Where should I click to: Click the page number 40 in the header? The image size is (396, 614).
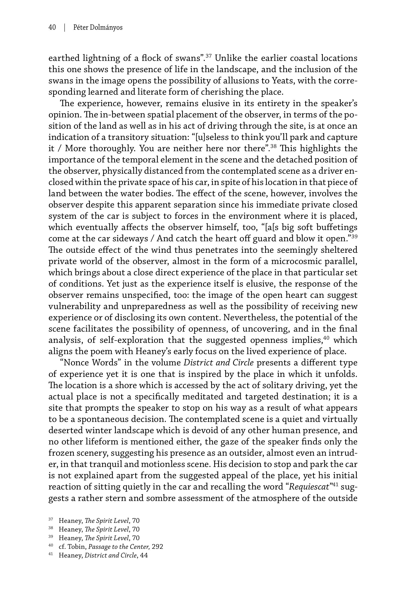click(52, 27)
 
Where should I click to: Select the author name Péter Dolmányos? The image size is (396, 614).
click(98, 27)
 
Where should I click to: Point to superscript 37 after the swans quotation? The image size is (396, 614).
click(208, 56)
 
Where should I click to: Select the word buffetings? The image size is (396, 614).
click(336, 228)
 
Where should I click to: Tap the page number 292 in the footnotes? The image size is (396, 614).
click(157, 547)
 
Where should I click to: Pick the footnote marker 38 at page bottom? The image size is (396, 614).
click(51, 528)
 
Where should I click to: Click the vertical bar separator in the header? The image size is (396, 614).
click(64, 27)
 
